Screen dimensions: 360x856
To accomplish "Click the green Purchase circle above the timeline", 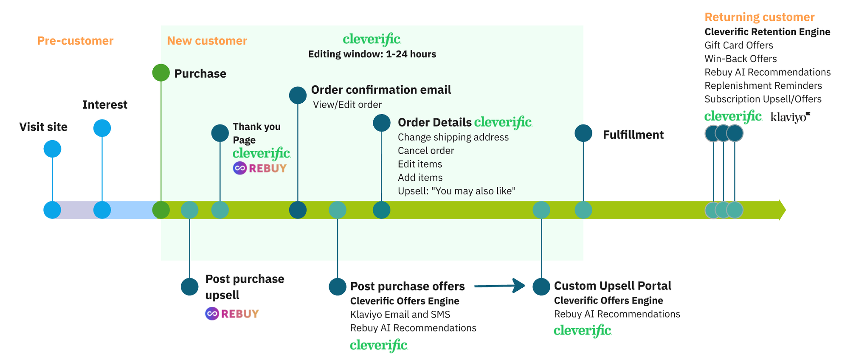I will coord(161,73).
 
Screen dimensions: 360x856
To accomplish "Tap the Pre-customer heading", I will coord(75,41).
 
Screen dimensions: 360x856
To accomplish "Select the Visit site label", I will coord(43,127).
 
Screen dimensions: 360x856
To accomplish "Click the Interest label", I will coord(105,104).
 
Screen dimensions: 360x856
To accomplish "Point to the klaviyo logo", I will coord(790,117).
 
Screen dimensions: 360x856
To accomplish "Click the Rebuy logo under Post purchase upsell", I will coord(232,314).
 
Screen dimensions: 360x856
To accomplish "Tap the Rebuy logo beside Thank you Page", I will coord(260,168).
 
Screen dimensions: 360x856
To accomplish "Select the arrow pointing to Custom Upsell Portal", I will coord(500,286).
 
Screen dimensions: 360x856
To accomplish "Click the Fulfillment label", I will coord(633,135).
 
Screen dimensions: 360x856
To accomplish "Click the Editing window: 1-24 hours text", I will coord(372,54).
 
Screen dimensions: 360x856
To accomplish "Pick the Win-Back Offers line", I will coord(741,59).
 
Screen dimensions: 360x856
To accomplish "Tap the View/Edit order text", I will coord(347,104).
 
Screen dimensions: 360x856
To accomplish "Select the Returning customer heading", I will coord(759,17).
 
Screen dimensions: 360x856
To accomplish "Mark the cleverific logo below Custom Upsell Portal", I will coord(583,330).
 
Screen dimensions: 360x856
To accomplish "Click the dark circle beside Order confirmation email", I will coord(298,95).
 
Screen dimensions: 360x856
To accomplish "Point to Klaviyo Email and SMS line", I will coord(400,315).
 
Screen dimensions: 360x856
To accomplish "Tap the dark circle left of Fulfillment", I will coord(583,133).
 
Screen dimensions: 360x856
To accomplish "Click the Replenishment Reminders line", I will coord(763,86).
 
